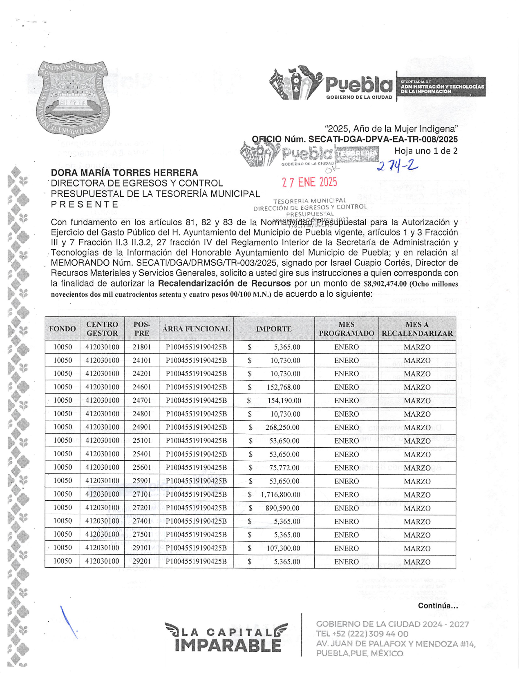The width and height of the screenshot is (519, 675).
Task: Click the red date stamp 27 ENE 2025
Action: (x=309, y=182)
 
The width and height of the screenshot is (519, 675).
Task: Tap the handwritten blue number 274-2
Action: (x=397, y=165)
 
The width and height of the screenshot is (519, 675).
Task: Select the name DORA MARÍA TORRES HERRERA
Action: (x=124, y=173)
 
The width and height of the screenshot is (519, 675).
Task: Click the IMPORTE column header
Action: (x=274, y=329)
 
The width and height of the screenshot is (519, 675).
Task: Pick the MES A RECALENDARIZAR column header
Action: (x=417, y=329)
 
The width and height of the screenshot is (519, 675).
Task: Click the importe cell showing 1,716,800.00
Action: (x=280, y=495)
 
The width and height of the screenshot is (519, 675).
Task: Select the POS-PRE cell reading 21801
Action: (x=142, y=347)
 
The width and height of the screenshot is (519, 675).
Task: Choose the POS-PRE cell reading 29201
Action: (x=142, y=562)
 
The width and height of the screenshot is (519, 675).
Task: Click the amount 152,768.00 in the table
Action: (x=283, y=387)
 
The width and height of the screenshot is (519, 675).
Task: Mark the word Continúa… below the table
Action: (x=438, y=606)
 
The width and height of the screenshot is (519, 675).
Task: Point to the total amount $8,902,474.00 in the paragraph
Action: (x=385, y=284)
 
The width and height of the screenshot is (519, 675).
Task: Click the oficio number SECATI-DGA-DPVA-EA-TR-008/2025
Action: (x=383, y=139)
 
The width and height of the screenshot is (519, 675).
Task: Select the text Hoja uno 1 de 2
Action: (x=426, y=151)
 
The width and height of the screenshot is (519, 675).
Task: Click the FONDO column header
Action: (x=62, y=329)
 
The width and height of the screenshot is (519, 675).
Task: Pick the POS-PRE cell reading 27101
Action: (x=142, y=495)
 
